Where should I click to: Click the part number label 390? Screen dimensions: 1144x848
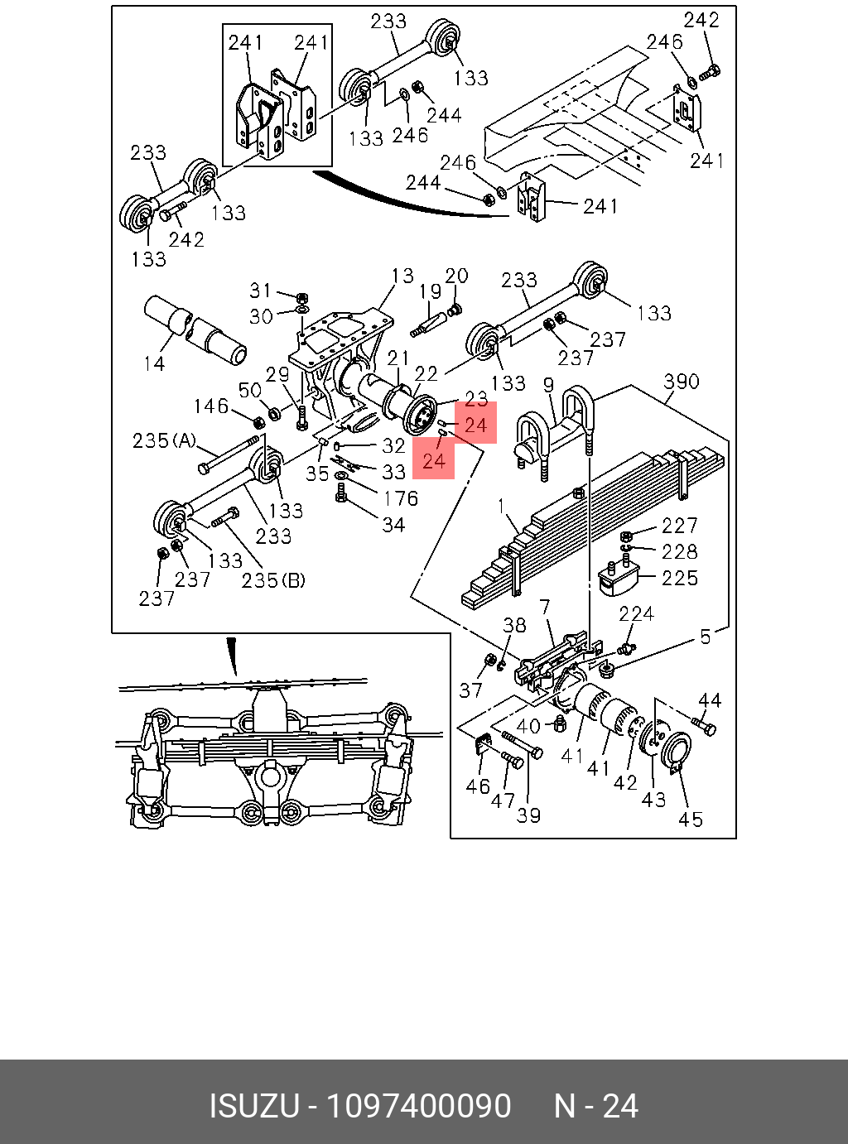681,382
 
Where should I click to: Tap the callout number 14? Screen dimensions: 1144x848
155,363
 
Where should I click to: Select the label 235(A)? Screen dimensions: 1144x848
164,440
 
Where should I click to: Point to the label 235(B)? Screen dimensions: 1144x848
273,580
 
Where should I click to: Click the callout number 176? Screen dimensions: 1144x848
400,498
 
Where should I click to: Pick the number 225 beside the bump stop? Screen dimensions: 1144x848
679,578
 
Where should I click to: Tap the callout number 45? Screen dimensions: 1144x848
691,819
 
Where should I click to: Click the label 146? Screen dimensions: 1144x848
210,406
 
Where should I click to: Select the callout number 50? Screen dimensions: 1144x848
249,390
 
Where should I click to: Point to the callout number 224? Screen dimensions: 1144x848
636,613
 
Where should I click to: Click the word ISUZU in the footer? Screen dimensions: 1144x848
253,1106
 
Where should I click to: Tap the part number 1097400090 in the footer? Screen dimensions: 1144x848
418,1106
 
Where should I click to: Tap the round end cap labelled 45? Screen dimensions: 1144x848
675,754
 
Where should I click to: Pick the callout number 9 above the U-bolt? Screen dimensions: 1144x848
548,384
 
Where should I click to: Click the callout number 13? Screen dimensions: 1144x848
402,276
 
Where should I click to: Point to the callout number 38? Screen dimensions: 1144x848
514,625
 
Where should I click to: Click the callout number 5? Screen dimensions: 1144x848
705,637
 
